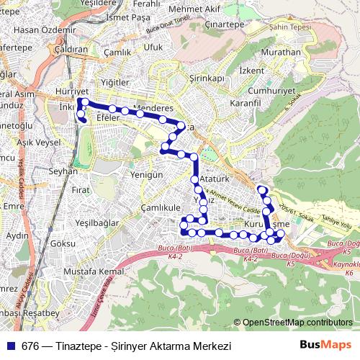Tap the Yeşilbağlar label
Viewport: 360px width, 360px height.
tap(93, 223)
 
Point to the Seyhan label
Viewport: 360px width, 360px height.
tap(62, 171)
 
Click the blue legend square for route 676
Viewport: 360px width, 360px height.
tap(9, 346)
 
